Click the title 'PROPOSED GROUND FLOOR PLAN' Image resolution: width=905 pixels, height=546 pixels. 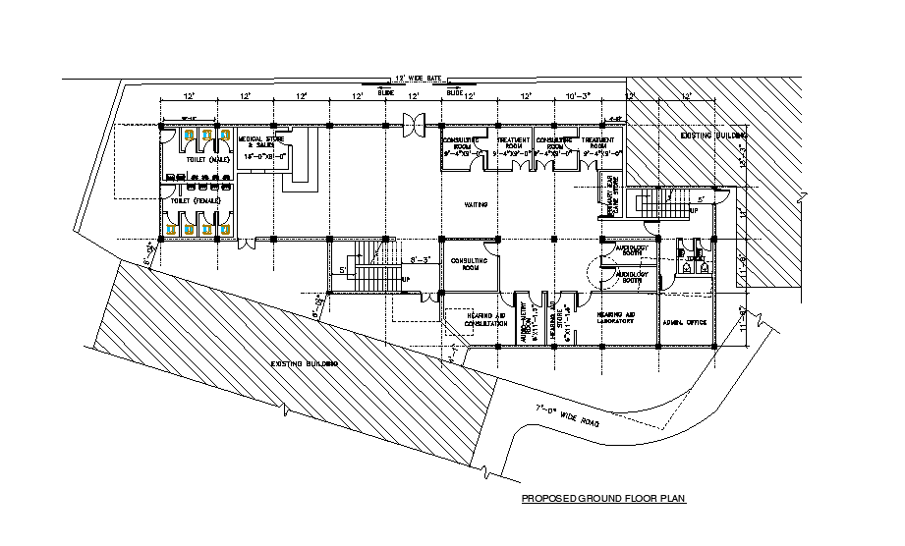pos(602,499)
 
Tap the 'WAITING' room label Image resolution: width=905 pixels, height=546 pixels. pos(478,205)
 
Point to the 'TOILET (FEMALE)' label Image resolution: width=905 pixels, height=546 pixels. pos(195,201)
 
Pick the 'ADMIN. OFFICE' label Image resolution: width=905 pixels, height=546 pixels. pos(686,322)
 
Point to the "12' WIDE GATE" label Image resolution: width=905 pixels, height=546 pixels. pos(420,77)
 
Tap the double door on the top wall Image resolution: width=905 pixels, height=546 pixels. pos(414,124)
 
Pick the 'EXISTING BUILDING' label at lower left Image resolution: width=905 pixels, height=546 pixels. pos(305,364)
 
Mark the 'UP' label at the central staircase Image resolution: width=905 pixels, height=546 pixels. pos(405,280)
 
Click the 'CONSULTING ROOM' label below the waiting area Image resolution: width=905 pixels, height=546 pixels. pos(469,262)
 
